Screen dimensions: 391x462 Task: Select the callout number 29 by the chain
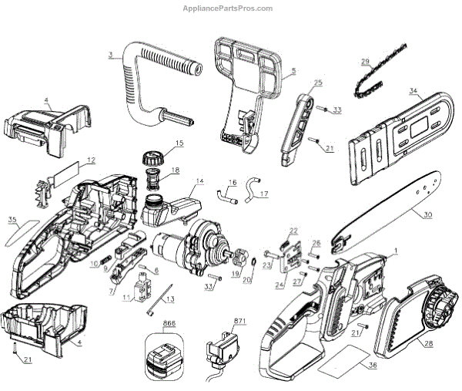(x=365, y=62)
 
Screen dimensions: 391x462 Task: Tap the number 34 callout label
(x=413, y=91)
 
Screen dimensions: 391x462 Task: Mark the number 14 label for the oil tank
(x=199, y=181)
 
